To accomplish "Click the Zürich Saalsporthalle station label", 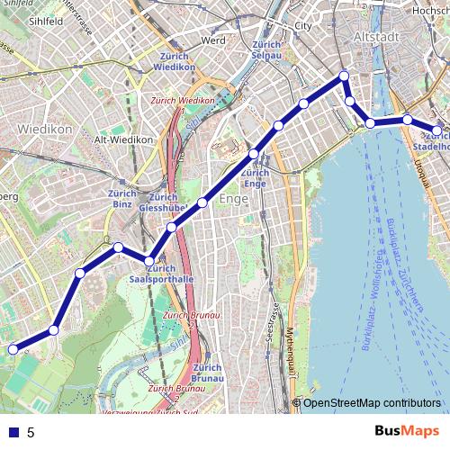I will coord(161,274).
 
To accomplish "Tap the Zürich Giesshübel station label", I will coord(163,202).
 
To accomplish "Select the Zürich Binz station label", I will coord(121,199).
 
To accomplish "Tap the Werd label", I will coord(213,40).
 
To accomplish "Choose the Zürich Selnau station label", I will coord(267,50).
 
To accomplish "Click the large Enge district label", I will coord(233,199).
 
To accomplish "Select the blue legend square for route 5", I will coord(13,433).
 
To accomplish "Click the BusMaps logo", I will coord(407,431).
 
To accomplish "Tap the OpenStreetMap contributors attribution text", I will coord(372,403).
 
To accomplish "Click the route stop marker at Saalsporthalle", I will coord(149,261).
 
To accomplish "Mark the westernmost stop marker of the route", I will coord(13,349).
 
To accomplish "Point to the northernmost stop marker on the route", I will coord(344,77).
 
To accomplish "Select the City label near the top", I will coord(303,26).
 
